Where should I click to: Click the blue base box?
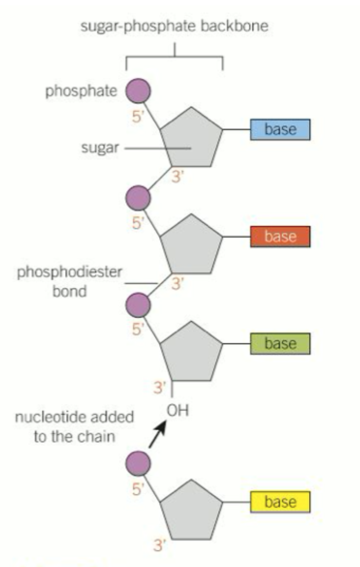280,129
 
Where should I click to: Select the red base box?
280,237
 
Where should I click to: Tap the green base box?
280,344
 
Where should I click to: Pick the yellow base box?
280,502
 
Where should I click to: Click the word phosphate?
81,91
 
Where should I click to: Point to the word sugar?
100,148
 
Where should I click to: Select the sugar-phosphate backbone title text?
174,26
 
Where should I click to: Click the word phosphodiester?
69,272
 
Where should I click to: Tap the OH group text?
178,410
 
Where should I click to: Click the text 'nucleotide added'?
74,417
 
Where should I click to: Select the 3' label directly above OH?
160,388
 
